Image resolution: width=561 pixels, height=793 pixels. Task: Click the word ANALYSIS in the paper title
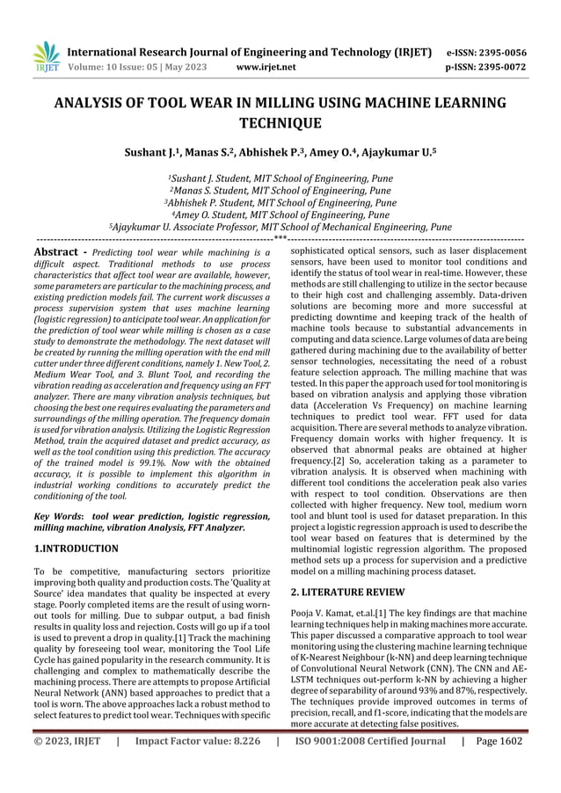(97, 104)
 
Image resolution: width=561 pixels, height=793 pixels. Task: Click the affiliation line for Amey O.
(280, 214)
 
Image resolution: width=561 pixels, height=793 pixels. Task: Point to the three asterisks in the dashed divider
(280, 238)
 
